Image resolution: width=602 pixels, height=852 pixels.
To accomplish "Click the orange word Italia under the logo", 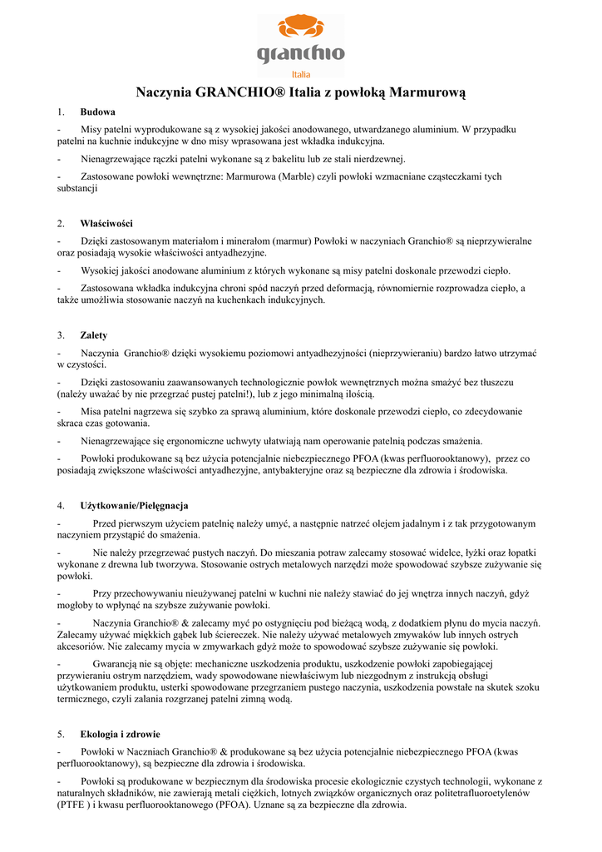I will [301, 73].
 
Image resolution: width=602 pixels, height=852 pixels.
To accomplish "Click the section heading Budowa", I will [97, 111].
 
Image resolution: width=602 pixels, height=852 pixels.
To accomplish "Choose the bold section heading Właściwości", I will [106, 223].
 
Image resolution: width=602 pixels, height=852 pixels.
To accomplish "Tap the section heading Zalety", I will [93, 335].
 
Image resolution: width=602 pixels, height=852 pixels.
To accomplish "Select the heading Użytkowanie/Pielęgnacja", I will [134, 505].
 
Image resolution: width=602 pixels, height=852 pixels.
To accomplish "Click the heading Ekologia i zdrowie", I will [120, 734].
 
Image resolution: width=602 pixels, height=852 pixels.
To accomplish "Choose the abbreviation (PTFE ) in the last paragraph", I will [75, 805].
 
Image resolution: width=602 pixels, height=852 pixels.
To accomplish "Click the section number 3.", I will [61, 335].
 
